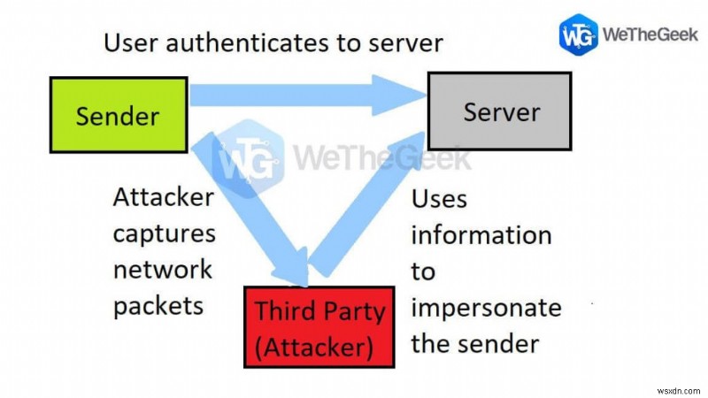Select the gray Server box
tap(500, 111)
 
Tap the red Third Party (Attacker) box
tap(320, 327)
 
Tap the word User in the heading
tap(126, 42)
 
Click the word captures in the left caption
tap(164, 233)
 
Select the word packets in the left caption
tap(158, 304)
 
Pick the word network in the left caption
tap(163, 269)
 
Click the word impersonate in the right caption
tap(486, 308)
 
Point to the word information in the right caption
tap(481, 235)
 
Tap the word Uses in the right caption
tap(439, 199)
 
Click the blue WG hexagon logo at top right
tap(577, 34)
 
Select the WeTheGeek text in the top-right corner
tap(647, 34)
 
